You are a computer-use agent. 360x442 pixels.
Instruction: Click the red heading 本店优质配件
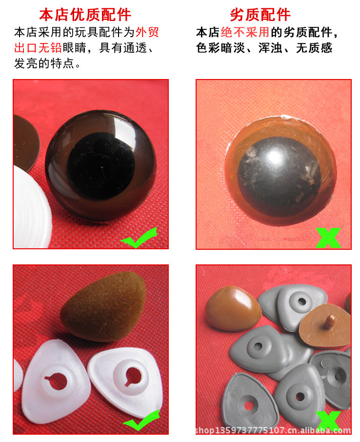85,15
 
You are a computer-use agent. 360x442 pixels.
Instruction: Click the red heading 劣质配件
260,15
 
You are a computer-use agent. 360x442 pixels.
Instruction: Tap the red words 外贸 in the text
147,32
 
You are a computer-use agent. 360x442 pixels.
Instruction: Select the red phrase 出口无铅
38,48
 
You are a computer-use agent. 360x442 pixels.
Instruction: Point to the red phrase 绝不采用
245,32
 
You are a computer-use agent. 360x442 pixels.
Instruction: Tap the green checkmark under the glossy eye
139,238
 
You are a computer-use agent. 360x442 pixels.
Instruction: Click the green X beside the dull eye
328,238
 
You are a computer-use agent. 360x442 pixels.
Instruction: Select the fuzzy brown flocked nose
103,307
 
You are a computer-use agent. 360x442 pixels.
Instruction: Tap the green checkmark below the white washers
141,421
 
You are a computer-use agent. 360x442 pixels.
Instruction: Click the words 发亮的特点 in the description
44,63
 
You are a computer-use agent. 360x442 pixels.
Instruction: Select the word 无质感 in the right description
314,48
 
